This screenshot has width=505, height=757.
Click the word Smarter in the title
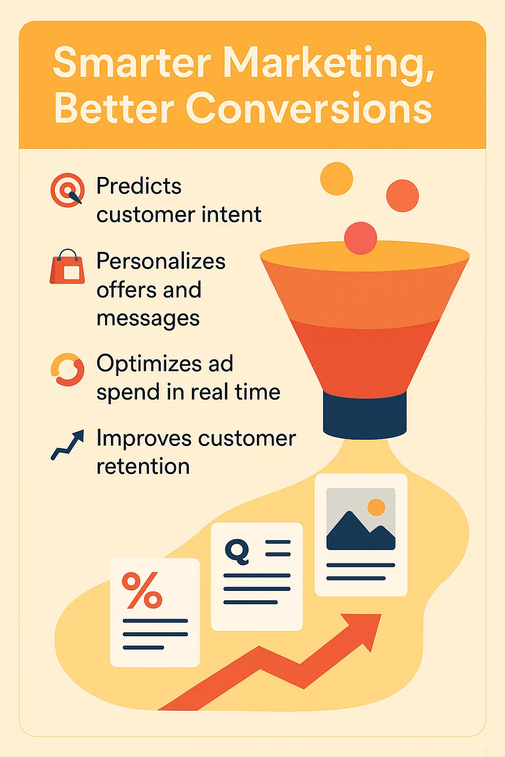132,63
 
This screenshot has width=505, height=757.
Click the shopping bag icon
68,267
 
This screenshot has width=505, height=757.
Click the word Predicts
139,186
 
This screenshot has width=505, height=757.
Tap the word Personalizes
161,261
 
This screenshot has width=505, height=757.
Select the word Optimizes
149,364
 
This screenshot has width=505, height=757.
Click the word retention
143,466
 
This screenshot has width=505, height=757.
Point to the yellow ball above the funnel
336,178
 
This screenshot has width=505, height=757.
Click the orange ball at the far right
402,196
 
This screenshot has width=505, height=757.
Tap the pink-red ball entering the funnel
361,238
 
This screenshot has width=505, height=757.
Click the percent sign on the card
142,590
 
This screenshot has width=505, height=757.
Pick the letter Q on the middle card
237,551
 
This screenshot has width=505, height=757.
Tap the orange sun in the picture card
376,507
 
